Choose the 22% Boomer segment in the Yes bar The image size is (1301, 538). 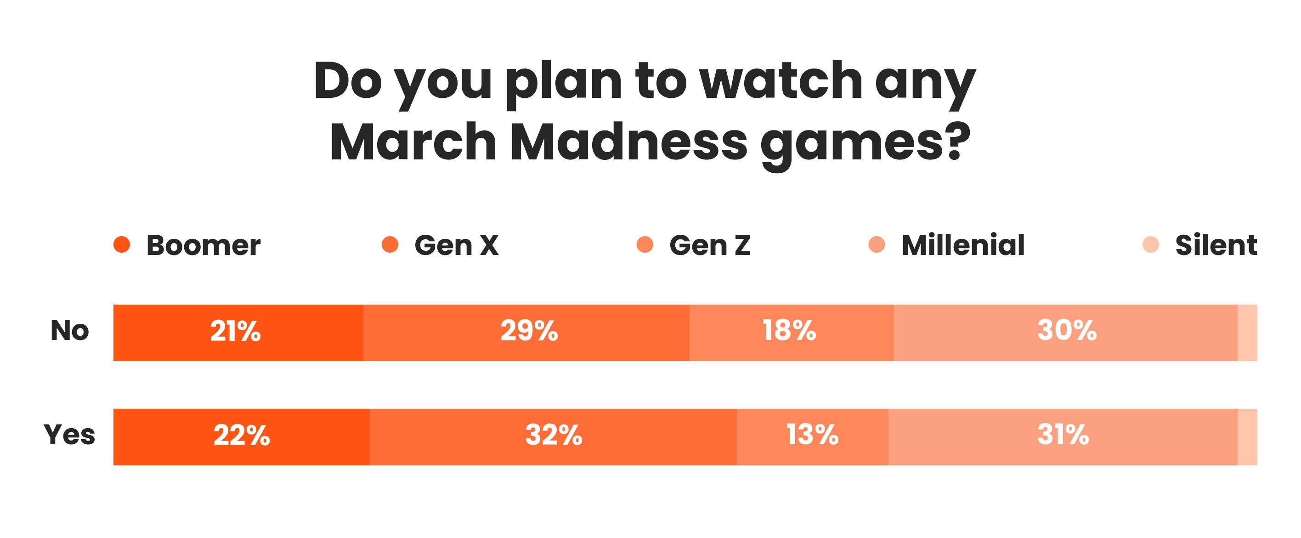(242, 436)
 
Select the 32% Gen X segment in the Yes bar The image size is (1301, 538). (553, 436)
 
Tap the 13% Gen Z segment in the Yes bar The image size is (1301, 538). (812, 436)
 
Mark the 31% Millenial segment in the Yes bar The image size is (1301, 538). (1063, 436)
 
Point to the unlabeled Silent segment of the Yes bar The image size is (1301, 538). (1247, 436)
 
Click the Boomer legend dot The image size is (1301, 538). (122, 244)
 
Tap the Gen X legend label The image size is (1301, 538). (456, 245)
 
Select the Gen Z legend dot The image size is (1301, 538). (645, 244)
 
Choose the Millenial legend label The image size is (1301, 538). (962, 245)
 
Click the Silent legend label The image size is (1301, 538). (1216, 245)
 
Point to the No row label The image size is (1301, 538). (70, 331)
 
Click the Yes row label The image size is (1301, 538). (69, 435)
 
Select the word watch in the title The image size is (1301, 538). (781, 81)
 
